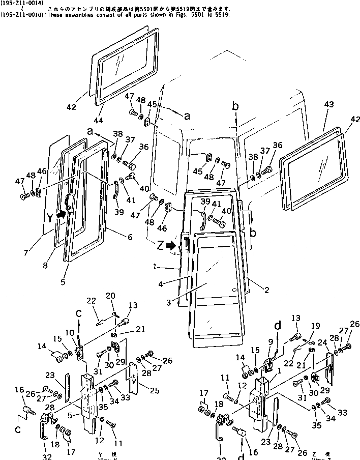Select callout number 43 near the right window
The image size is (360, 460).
tap(329, 104)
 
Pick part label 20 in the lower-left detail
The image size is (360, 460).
tap(110, 296)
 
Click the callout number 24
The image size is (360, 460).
tap(322, 342)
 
